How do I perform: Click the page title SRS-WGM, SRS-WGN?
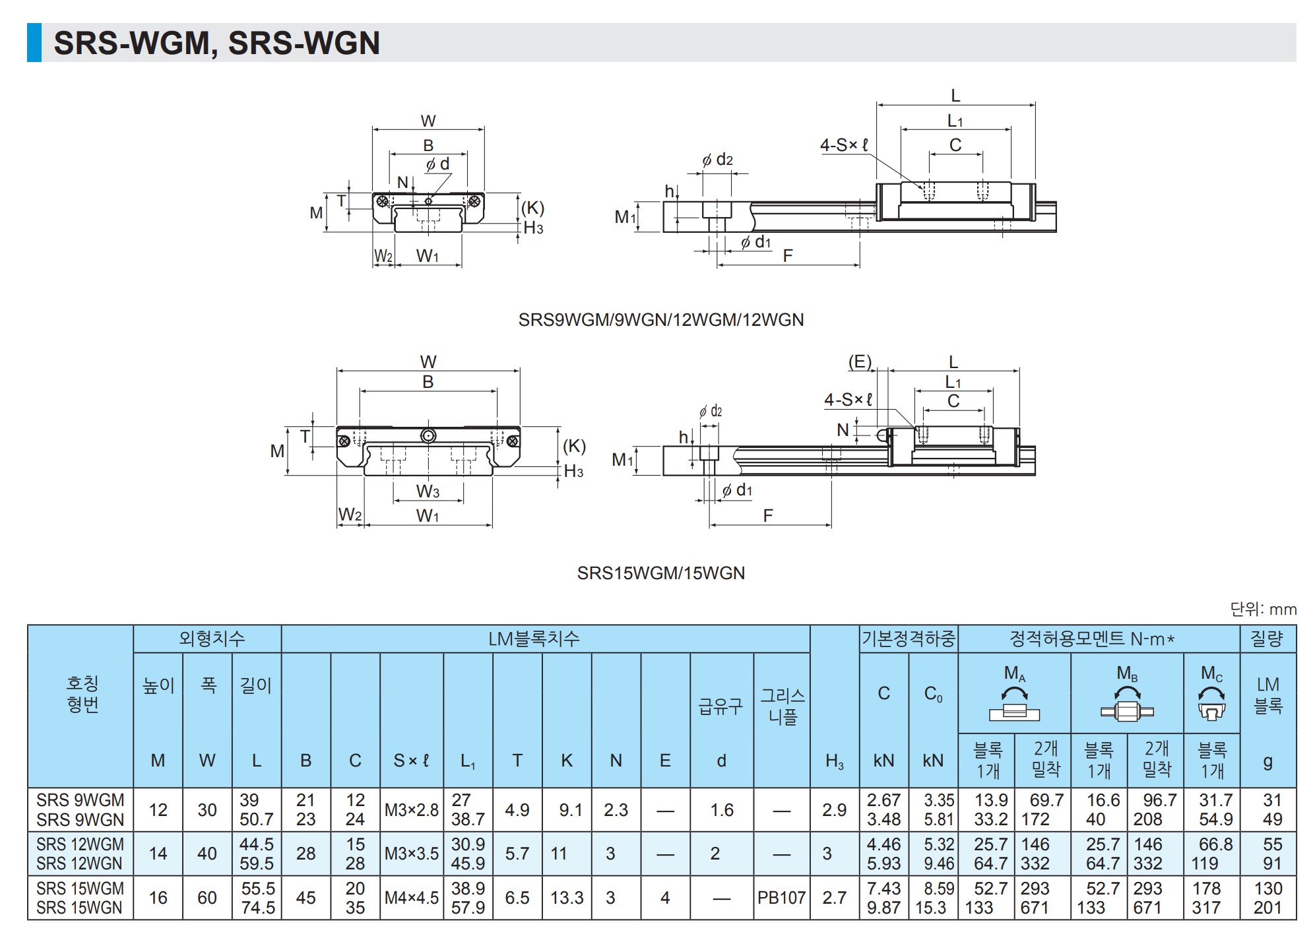216,43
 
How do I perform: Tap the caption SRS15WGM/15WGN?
661,573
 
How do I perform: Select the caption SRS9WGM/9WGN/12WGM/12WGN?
661,320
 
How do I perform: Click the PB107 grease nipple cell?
782,897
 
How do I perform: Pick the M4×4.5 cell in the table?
412,897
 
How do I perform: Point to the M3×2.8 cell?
412,809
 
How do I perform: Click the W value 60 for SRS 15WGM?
207,897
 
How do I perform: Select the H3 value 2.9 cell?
835,809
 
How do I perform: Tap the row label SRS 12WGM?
80,844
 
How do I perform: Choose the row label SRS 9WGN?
80,820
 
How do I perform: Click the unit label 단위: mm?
1264,609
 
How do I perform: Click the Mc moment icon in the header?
1211,703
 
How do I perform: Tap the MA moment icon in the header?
1015,704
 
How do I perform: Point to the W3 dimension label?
428,491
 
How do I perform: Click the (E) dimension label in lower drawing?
860,361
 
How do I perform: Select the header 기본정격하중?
909,639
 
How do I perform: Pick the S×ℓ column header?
412,761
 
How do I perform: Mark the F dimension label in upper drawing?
788,256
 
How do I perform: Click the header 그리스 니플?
783,706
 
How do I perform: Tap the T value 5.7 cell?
517,854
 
